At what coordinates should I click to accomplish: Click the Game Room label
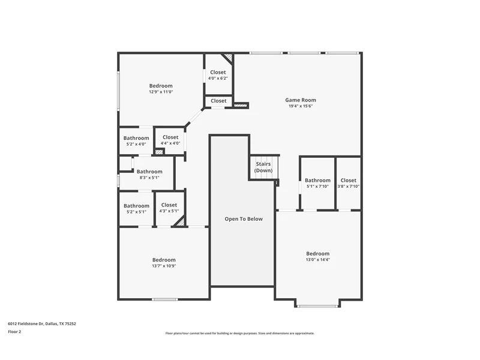click(x=301, y=100)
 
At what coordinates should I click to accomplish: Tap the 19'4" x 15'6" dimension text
click(x=301, y=106)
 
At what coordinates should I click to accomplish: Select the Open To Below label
click(x=244, y=219)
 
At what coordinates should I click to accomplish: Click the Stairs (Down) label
click(x=263, y=167)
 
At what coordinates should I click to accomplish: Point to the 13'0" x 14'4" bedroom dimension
click(x=318, y=260)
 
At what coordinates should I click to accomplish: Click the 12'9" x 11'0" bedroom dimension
click(x=161, y=92)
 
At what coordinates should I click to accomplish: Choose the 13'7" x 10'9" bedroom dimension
click(x=164, y=266)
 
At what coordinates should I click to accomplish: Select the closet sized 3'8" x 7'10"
click(x=349, y=183)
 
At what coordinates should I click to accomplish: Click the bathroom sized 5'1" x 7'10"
click(x=317, y=183)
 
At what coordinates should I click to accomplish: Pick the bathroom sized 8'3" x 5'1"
click(x=149, y=174)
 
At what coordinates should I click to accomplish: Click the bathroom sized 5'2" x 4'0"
click(x=136, y=141)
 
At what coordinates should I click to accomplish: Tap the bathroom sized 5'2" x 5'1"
click(x=136, y=208)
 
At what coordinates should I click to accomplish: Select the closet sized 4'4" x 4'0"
click(x=170, y=140)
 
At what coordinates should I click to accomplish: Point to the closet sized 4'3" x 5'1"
click(x=169, y=208)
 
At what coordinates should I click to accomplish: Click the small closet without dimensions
click(x=218, y=101)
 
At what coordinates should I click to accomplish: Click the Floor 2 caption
click(x=14, y=332)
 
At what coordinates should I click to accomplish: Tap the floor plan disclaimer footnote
click(x=239, y=334)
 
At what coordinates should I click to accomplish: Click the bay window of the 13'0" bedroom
click(x=318, y=306)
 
